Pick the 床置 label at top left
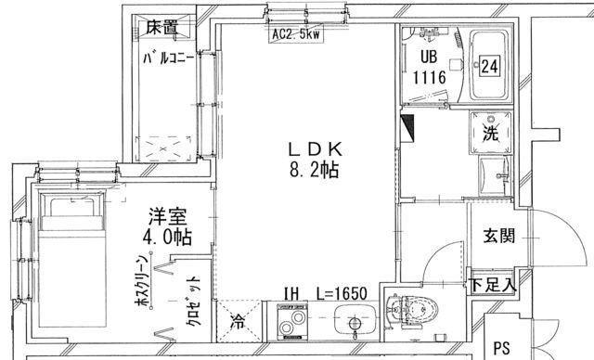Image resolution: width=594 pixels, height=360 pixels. point(161,26)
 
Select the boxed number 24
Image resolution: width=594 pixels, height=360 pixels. point(489,66)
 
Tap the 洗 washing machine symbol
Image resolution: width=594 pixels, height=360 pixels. point(489,131)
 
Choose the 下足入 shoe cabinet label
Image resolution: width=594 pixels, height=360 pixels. point(491,284)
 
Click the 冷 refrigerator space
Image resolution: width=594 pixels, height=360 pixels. point(238,324)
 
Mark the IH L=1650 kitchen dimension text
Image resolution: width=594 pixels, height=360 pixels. point(326,293)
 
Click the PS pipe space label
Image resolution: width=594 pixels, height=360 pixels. point(502,349)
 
